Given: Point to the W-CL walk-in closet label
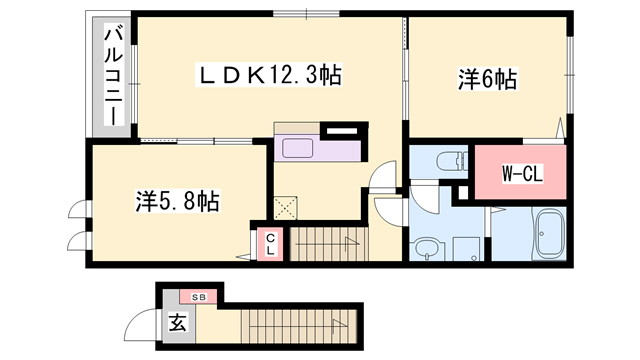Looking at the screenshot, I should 520,172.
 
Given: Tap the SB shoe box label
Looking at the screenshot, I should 198,297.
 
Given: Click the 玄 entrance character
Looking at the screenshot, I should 176,324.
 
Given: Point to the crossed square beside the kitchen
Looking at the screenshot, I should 287,208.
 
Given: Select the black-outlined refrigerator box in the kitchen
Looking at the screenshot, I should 342,130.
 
